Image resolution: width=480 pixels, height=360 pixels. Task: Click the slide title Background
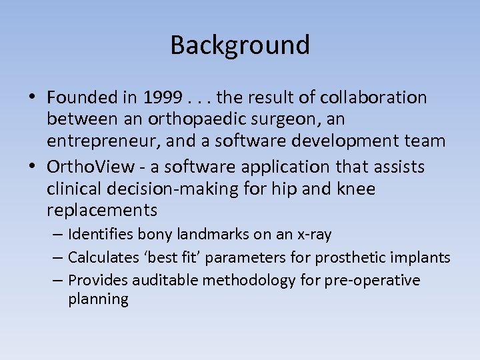pyautogui.click(x=240, y=45)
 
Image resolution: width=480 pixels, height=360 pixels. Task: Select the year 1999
pyautogui.click(x=161, y=98)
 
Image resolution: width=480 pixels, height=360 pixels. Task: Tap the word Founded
pyautogui.click(x=81, y=98)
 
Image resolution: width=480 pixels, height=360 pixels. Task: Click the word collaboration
pyautogui.click(x=373, y=98)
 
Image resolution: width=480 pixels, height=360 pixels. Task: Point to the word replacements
pyautogui.click(x=102, y=211)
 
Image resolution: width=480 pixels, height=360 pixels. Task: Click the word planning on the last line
pyautogui.click(x=98, y=299)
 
